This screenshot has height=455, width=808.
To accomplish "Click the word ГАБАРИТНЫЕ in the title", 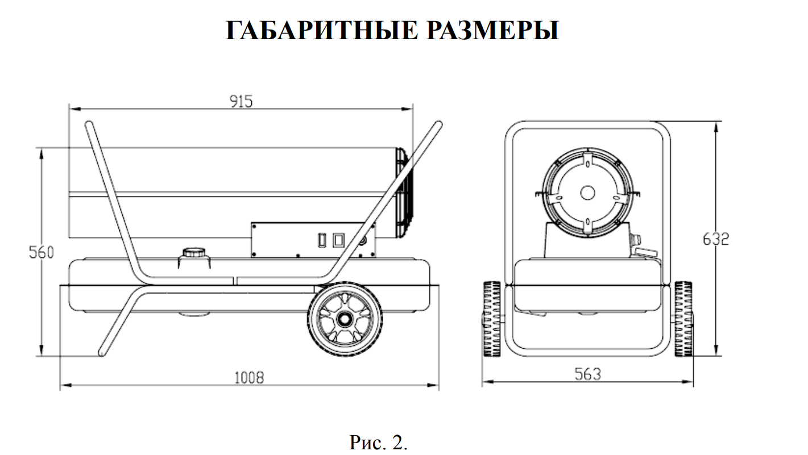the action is click(322, 30).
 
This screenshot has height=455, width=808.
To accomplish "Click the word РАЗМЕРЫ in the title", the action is click(493, 30).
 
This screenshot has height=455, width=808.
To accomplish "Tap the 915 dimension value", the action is click(241, 101).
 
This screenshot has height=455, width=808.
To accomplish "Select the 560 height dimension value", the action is click(42, 252).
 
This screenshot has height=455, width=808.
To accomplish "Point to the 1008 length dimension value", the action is click(249, 378).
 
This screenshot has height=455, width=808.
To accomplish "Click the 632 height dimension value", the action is click(716, 239).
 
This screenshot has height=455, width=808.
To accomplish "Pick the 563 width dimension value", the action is click(587, 374).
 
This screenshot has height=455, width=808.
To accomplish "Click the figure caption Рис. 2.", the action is click(378, 442).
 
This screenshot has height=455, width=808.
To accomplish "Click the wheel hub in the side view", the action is click(345, 319).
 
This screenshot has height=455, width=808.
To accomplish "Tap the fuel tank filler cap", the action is click(194, 252).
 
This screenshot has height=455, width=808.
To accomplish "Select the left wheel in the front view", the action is click(492, 319).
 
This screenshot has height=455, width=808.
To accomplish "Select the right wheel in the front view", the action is click(684, 319).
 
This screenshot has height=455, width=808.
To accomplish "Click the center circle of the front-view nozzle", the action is click(587, 193).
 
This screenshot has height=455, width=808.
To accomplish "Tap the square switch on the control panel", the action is click(338, 240).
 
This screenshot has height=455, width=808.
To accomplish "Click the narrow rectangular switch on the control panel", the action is click(322, 240).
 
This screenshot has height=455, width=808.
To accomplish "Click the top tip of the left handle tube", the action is click(89, 124).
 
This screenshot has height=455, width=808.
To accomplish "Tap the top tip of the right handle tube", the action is click(438, 124).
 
